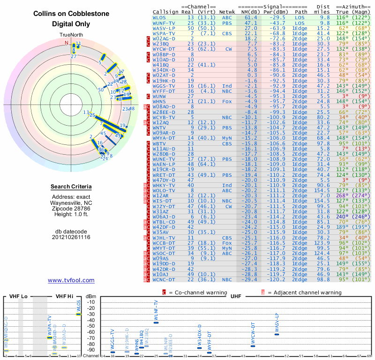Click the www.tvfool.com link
point(71,280)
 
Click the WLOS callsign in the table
point(158,17)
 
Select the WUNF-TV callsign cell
point(164,22)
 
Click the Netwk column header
point(227,12)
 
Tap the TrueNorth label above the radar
point(71,35)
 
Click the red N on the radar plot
point(66,43)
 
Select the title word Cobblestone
point(88,14)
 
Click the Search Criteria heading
point(71,187)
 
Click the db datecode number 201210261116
point(71,237)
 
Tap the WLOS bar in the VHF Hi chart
point(78,314)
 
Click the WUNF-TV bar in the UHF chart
point(156,322)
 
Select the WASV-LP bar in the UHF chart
point(277,334)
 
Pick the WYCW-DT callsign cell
point(164,49)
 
